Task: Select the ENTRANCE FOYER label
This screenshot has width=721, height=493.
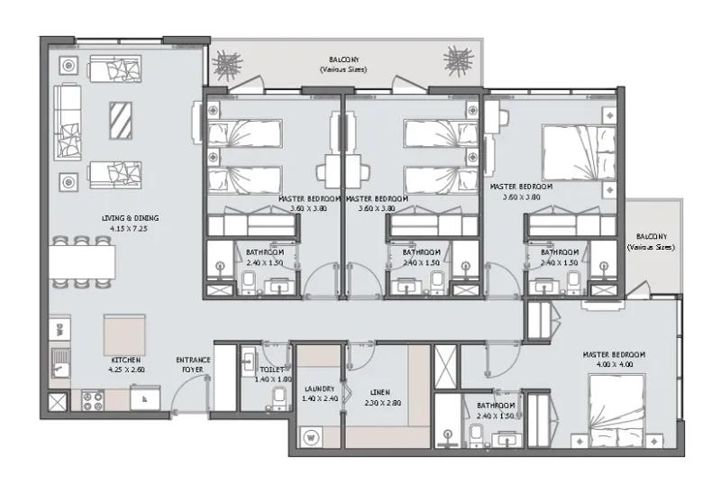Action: [193, 363]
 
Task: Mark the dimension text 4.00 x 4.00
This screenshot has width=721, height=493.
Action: [614, 364]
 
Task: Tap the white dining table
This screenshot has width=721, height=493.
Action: [82, 262]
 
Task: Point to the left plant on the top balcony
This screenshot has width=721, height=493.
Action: [229, 64]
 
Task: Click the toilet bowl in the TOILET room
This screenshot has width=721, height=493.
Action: [279, 397]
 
